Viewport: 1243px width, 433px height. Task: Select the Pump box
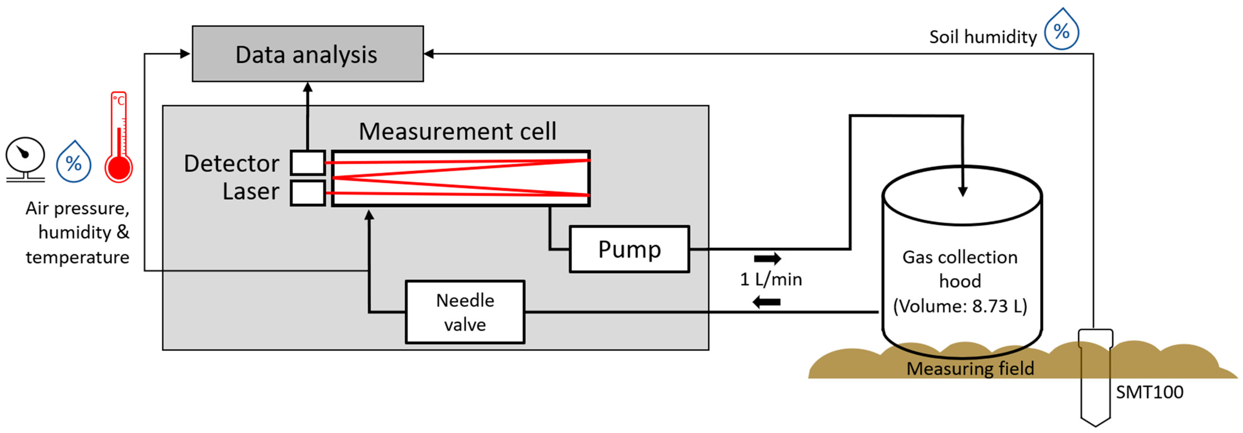pyautogui.click(x=629, y=249)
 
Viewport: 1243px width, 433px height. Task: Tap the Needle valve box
pyautogui.click(x=465, y=312)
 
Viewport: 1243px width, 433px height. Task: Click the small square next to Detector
pyautogui.click(x=307, y=163)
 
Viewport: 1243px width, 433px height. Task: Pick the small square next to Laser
pyautogui.click(x=307, y=193)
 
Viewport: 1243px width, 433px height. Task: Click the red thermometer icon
pyautogui.click(x=119, y=140)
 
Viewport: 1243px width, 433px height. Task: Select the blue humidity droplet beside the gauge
pyautogui.click(x=73, y=162)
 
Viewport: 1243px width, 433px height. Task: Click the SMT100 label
pyautogui.click(x=1149, y=392)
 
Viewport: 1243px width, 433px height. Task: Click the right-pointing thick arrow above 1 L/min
pyautogui.click(x=767, y=259)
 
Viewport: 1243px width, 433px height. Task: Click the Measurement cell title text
pyautogui.click(x=457, y=131)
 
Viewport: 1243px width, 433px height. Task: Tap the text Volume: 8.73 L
pyautogui.click(x=960, y=306)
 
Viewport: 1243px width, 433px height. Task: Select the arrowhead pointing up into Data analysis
pyautogui.click(x=307, y=87)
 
